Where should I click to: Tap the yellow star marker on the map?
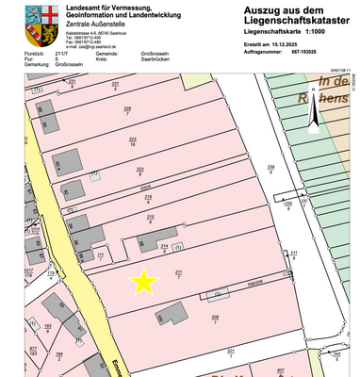pos(144,281)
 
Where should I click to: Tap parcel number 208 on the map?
pos(215,318)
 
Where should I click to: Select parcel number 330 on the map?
pos(288,202)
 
